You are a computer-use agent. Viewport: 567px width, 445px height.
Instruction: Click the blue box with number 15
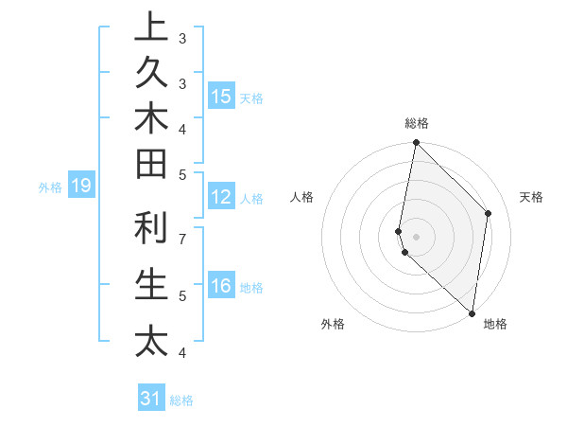221,97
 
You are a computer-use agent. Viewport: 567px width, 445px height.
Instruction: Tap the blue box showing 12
221,197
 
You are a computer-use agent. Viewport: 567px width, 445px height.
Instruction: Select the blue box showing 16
221,286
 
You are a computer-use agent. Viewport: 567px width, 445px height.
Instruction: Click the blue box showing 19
80,186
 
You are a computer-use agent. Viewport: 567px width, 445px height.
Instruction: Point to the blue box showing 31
151,399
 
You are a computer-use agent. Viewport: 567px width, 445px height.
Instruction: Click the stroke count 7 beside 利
181,238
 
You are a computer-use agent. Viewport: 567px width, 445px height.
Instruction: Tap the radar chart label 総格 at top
417,123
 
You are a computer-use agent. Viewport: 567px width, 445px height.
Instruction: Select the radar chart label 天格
531,197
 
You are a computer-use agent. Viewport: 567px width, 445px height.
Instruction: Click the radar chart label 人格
302,197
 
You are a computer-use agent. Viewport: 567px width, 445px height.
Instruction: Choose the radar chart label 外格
333,324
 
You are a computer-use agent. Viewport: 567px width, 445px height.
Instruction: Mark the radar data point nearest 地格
472,313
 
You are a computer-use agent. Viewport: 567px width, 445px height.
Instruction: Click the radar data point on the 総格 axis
416,143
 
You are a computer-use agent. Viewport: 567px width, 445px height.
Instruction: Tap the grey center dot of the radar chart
416,237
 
